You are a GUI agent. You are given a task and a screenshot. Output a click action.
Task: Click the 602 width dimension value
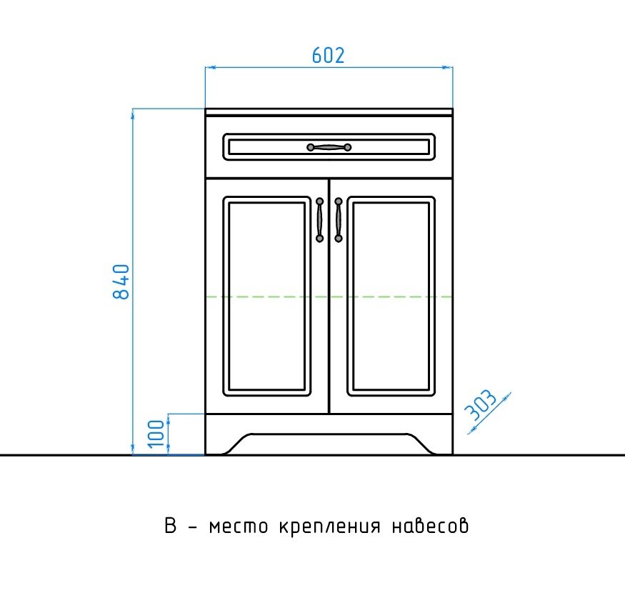[x=329, y=55]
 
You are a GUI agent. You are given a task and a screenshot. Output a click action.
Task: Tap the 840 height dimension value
[x=121, y=281]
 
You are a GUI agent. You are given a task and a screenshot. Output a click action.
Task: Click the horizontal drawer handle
[x=329, y=147]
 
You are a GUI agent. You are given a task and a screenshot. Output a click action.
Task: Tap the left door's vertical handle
[x=320, y=219]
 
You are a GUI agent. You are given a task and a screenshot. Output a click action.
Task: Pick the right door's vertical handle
[x=338, y=219]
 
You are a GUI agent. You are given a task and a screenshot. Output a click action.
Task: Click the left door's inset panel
[x=266, y=295]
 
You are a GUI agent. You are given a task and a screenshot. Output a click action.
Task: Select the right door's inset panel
[x=391, y=295]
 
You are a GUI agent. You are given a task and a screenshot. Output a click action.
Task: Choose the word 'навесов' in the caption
[x=431, y=528]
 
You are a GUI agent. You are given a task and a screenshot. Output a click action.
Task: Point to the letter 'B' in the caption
[x=170, y=527]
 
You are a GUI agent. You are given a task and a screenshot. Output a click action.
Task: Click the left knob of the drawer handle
[x=311, y=147]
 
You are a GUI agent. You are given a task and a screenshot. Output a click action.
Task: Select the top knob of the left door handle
[x=320, y=202]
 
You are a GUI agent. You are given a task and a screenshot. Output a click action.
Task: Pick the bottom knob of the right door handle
[x=338, y=237]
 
